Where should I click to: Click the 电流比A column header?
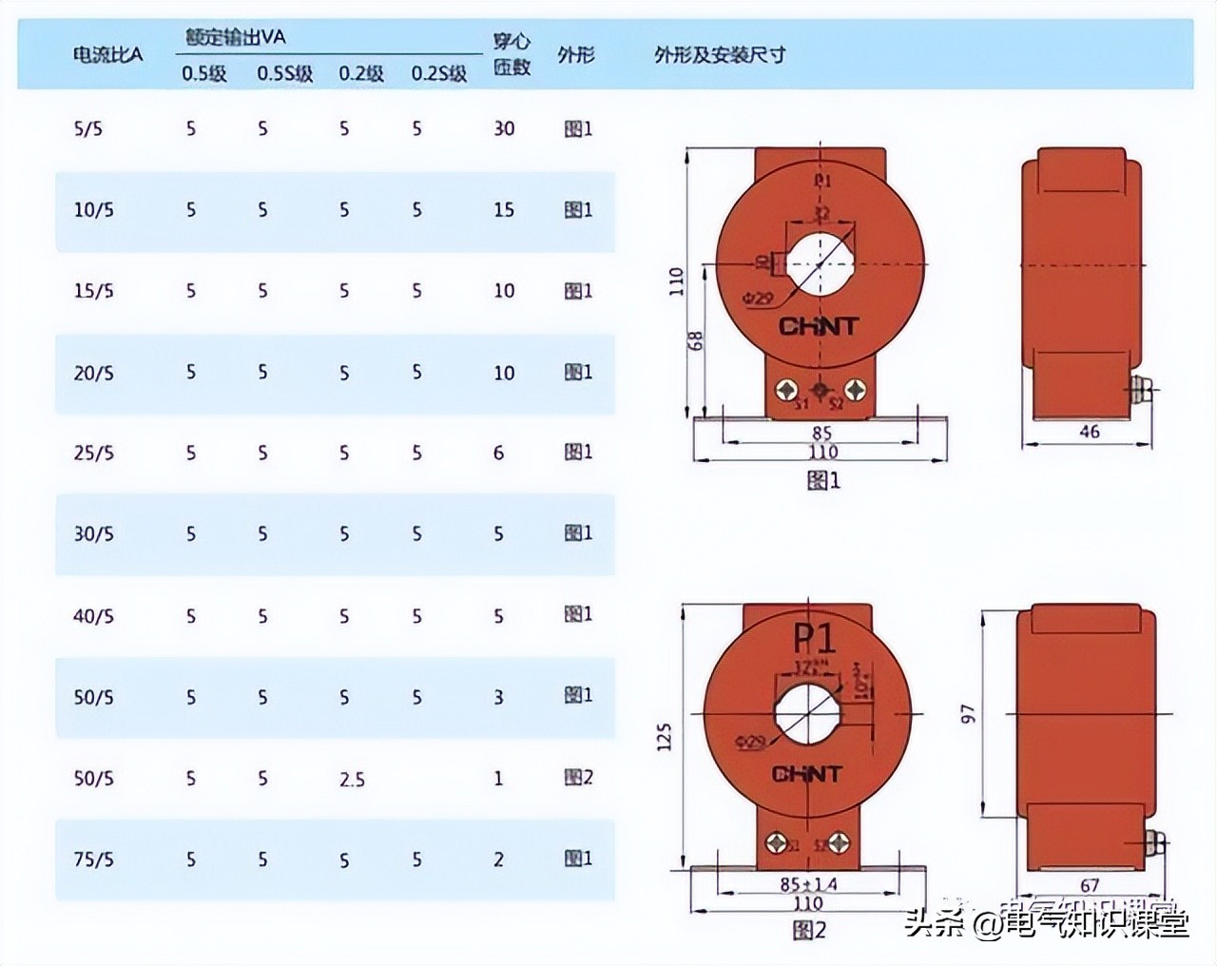point(107,54)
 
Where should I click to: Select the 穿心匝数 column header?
point(512,54)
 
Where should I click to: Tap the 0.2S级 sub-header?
point(438,73)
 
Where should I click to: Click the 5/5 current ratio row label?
point(87,128)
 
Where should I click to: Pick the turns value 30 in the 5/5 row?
point(504,128)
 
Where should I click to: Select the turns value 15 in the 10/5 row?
point(504,209)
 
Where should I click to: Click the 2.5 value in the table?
point(352,779)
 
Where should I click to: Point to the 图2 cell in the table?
point(578,778)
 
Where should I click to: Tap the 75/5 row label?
point(93,860)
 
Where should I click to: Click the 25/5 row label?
point(93,453)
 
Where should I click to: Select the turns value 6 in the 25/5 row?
point(498,453)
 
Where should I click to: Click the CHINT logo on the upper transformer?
point(819,327)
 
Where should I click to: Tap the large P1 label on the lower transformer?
point(814,640)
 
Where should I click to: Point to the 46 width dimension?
point(1090,432)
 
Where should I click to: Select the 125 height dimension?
point(664,738)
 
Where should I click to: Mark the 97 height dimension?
point(968,713)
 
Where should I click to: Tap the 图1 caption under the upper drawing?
point(823,481)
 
